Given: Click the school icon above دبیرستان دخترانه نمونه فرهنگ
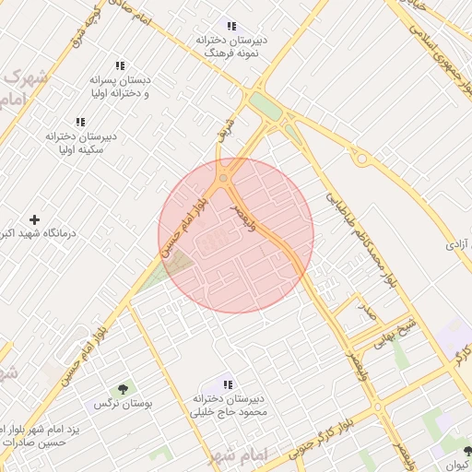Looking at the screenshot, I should click(231, 27).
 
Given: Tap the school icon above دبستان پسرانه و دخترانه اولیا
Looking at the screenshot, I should click(120, 66).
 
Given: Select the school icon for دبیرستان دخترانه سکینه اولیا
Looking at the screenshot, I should click(80, 122).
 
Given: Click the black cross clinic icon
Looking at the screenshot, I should click(35, 219).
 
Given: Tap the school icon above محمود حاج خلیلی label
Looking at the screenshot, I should click(228, 383).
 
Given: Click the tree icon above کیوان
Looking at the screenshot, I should click(467, 451).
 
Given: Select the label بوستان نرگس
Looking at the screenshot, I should click(123, 404).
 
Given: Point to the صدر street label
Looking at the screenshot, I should click(368, 313).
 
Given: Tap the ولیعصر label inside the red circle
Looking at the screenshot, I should click(243, 218).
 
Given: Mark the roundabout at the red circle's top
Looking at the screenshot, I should click(224, 179).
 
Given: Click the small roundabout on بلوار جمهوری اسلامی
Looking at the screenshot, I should click(362, 159).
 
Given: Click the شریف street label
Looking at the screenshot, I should click(221, 128).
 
